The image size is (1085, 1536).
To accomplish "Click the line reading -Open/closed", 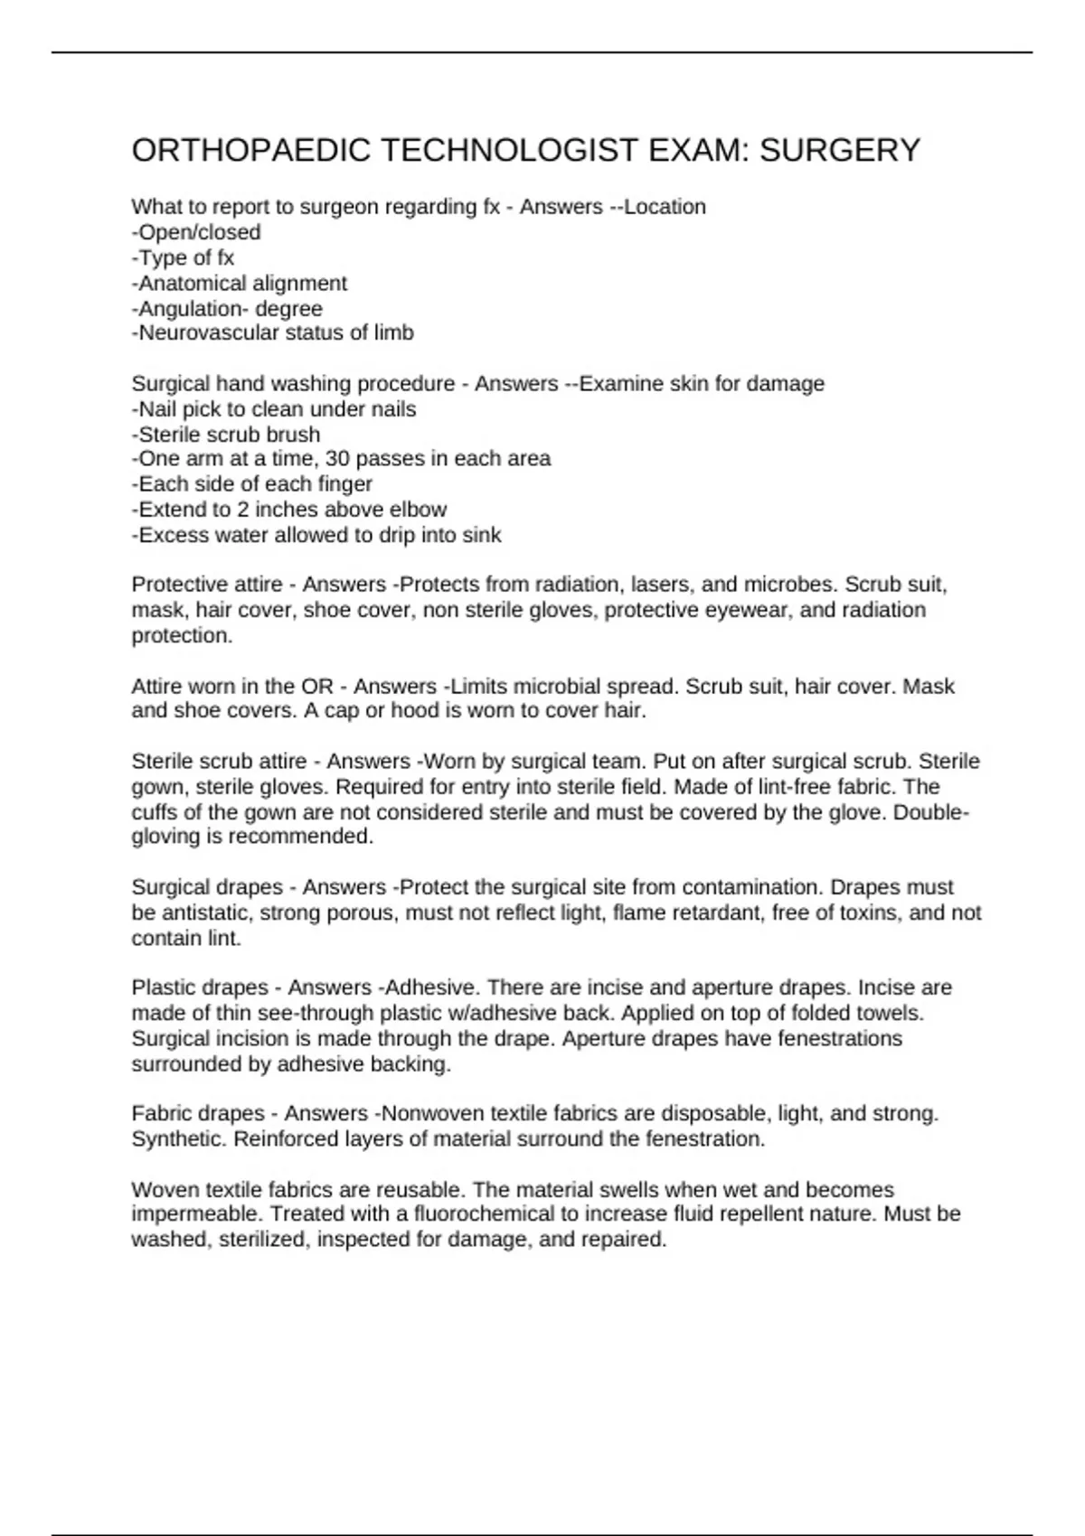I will tap(196, 232).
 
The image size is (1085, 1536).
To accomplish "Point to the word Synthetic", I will tap(179, 1138).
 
